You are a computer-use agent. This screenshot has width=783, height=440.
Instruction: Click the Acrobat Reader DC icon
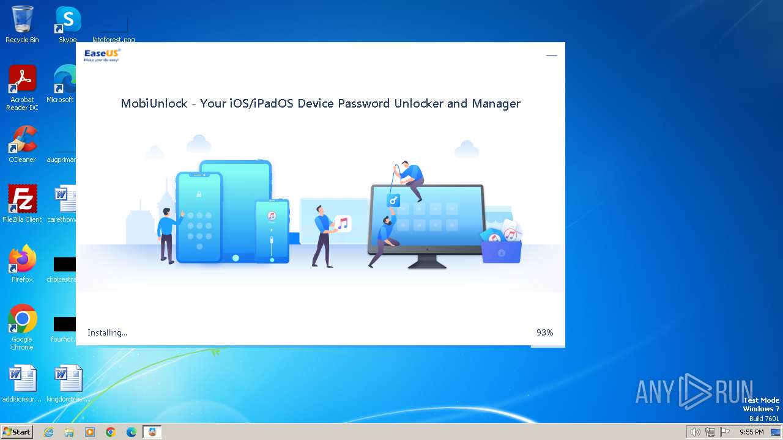point(22,80)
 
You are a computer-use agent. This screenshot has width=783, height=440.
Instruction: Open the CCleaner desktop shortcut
point(22,140)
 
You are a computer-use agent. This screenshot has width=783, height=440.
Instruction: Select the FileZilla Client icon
point(22,200)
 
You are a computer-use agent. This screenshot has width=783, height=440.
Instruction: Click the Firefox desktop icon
point(22,260)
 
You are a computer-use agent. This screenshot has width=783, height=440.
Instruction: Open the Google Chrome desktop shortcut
point(22,320)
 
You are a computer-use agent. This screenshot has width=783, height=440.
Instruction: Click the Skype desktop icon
point(67,20)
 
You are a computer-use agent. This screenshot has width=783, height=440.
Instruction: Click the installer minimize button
point(552,56)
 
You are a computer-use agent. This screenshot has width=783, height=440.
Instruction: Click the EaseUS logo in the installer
point(102,55)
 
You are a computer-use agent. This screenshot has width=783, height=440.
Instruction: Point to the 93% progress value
point(544,332)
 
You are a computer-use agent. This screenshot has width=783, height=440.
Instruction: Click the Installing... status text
point(107,332)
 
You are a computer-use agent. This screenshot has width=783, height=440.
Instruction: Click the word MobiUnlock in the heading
point(154,103)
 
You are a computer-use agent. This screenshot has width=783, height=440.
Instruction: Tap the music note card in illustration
point(343,224)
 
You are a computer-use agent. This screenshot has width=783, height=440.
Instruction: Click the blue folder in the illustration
point(502,251)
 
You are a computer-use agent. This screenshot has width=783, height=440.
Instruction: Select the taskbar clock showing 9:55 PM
point(751,432)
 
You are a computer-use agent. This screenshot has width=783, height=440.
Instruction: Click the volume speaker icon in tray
point(695,432)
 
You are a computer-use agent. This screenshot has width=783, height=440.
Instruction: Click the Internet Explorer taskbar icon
point(48,432)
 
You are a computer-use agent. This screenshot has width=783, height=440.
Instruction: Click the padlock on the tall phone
point(199,194)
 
